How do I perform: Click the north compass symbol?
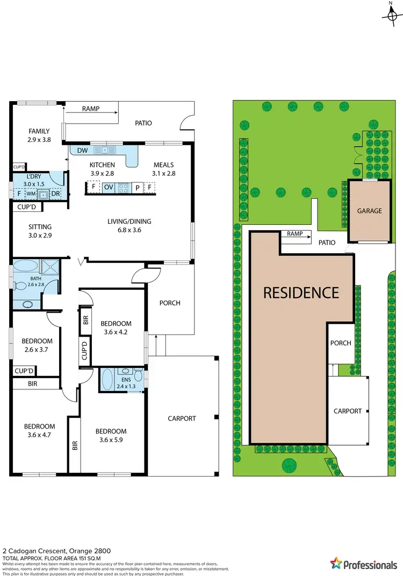[x=391, y=14]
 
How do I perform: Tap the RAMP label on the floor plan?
[x=90, y=109]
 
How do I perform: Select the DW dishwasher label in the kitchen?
[x=82, y=151]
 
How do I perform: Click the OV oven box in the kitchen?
[x=108, y=187]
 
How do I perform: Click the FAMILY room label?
[x=39, y=131]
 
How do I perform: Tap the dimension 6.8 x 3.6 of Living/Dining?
[x=128, y=230]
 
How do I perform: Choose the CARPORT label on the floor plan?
[x=182, y=418]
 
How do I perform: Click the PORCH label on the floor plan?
[x=170, y=303]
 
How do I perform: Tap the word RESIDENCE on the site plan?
[x=300, y=293]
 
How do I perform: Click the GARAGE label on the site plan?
[x=369, y=211]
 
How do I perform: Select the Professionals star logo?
[x=336, y=564]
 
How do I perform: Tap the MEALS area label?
[x=164, y=165]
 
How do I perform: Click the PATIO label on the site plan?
[x=326, y=243]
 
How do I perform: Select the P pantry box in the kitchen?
[x=137, y=187]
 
